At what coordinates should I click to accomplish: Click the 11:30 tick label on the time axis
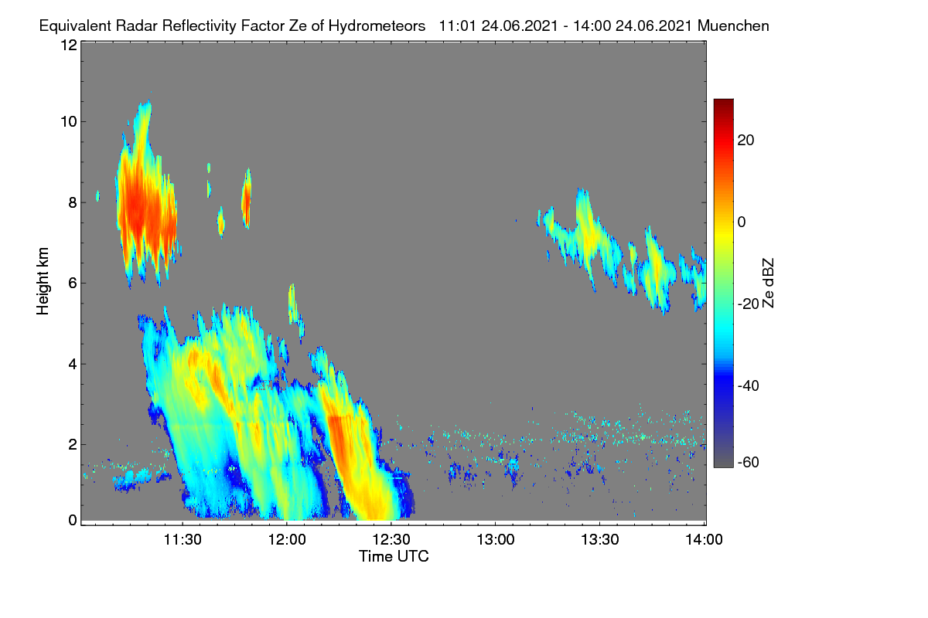pyautogui.click(x=183, y=539)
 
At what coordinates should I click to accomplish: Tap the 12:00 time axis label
pyautogui.click(x=287, y=539)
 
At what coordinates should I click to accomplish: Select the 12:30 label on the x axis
pyautogui.click(x=391, y=539)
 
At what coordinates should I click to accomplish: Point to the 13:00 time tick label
pyautogui.click(x=496, y=539)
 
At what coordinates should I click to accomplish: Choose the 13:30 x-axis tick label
pyautogui.click(x=600, y=539)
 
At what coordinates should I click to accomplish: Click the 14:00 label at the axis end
pyautogui.click(x=704, y=539)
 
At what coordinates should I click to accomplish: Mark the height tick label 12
pyautogui.click(x=69, y=45)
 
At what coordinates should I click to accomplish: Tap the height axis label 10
pyautogui.click(x=69, y=122)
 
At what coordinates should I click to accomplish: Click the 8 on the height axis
pyautogui.click(x=73, y=202)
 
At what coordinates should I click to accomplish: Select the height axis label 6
pyautogui.click(x=73, y=284)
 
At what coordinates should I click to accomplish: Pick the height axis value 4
pyautogui.click(x=73, y=365)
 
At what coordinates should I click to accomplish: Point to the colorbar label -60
pyautogui.click(x=749, y=462)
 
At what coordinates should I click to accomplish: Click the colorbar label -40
pyautogui.click(x=749, y=385)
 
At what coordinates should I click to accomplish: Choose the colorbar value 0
pyautogui.click(x=742, y=222)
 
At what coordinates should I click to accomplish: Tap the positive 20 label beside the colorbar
pyautogui.click(x=745, y=141)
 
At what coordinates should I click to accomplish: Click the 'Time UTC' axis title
pyautogui.click(x=394, y=556)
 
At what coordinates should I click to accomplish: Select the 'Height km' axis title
pyautogui.click(x=43, y=281)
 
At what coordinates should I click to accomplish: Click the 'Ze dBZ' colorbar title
pyautogui.click(x=768, y=283)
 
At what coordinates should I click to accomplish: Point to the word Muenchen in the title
pyautogui.click(x=733, y=25)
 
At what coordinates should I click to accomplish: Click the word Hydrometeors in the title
pyautogui.click(x=377, y=26)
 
